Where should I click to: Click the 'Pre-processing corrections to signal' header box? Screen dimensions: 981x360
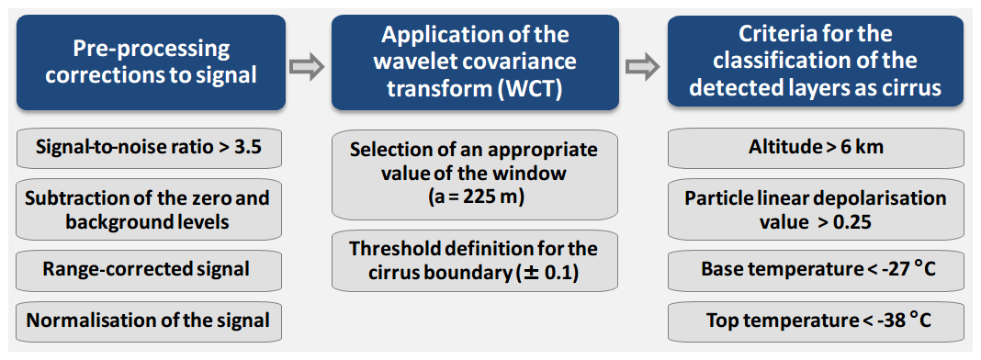point(152,62)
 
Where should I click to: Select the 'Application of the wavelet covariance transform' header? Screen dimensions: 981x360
point(475,62)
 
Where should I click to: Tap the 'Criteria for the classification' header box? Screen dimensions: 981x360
point(816,61)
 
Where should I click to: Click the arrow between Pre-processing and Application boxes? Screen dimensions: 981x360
point(307,67)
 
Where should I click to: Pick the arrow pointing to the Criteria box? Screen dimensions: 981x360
point(643,67)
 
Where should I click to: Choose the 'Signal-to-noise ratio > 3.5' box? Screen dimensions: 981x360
point(149,148)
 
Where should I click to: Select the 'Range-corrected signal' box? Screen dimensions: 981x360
point(149,270)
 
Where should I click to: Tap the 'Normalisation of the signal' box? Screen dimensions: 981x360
point(149,321)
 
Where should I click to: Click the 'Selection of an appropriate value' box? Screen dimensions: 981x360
point(474,174)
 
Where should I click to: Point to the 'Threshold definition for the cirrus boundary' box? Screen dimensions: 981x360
point(474,261)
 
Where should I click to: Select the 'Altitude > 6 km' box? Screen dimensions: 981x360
point(816,148)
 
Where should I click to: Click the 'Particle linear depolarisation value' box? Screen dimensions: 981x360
point(816,209)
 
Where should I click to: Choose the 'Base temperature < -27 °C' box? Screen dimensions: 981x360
point(816,270)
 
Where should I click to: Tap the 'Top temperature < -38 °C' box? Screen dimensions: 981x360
point(816,321)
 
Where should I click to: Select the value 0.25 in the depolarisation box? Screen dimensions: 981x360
point(851,222)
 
